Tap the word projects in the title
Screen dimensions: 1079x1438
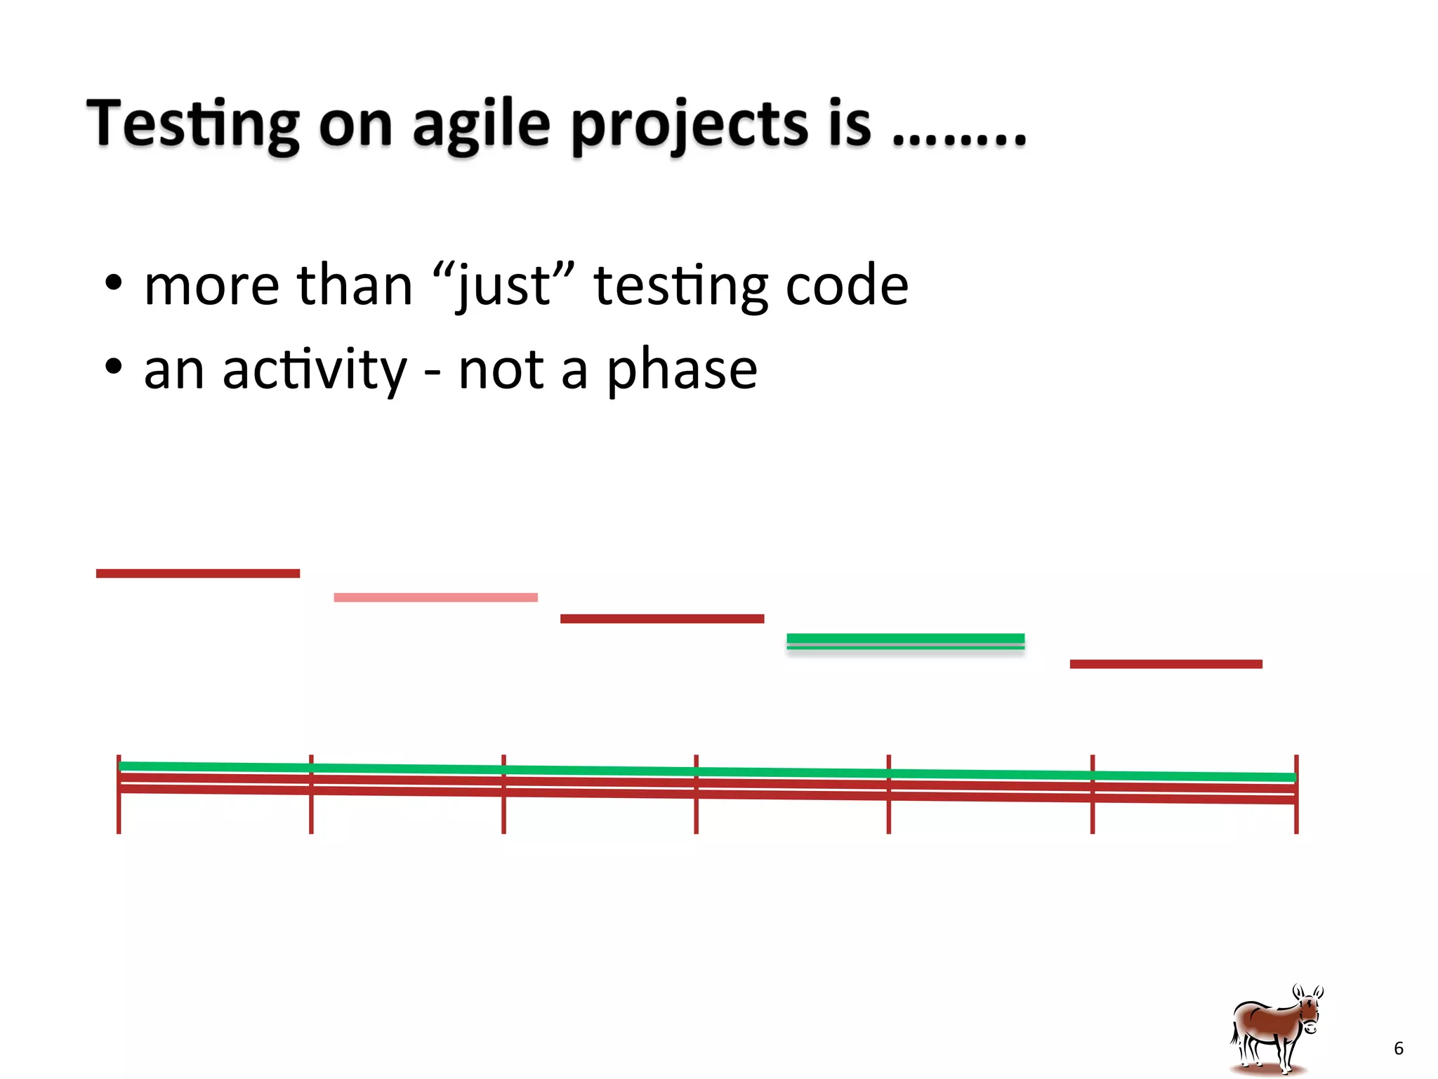(x=690, y=124)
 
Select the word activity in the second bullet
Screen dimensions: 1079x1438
(x=314, y=370)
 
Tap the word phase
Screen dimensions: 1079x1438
(x=681, y=370)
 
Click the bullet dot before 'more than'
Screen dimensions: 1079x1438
(x=113, y=284)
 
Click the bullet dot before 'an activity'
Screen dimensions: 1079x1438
(x=113, y=367)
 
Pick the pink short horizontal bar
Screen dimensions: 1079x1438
(x=435, y=597)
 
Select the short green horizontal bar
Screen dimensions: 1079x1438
(x=905, y=639)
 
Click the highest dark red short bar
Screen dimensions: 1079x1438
(x=197, y=573)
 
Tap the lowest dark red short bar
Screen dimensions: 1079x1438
(x=1166, y=664)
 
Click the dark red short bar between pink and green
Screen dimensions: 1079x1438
(x=661, y=618)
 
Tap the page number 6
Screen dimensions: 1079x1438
(x=1398, y=1048)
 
